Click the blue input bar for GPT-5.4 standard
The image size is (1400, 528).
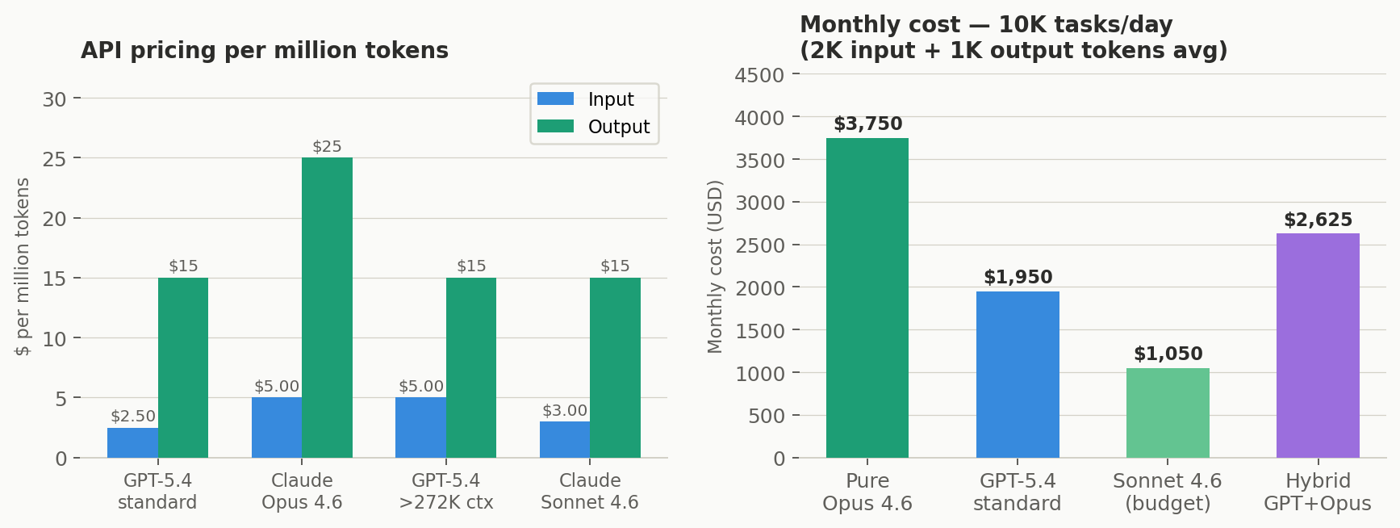point(132,442)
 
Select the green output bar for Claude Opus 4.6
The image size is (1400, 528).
point(327,307)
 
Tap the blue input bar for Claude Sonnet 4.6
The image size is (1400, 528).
point(565,439)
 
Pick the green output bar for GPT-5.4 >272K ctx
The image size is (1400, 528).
point(471,367)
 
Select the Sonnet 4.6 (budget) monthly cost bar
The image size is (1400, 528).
point(1168,413)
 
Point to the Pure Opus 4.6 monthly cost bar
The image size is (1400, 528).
point(867,298)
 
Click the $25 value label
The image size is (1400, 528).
point(327,147)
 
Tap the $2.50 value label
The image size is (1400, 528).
point(133,417)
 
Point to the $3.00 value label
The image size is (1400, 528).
point(565,411)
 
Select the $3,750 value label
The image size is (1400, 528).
point(867,124)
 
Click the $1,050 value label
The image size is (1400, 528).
point(1168,354)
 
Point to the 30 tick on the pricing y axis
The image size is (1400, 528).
point(55,99)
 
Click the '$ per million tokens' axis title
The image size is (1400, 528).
point(23,266)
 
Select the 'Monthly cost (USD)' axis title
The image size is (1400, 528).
point(715,266)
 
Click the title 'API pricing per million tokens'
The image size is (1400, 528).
point(265,51)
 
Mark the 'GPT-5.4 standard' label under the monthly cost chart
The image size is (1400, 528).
point(1017,492)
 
